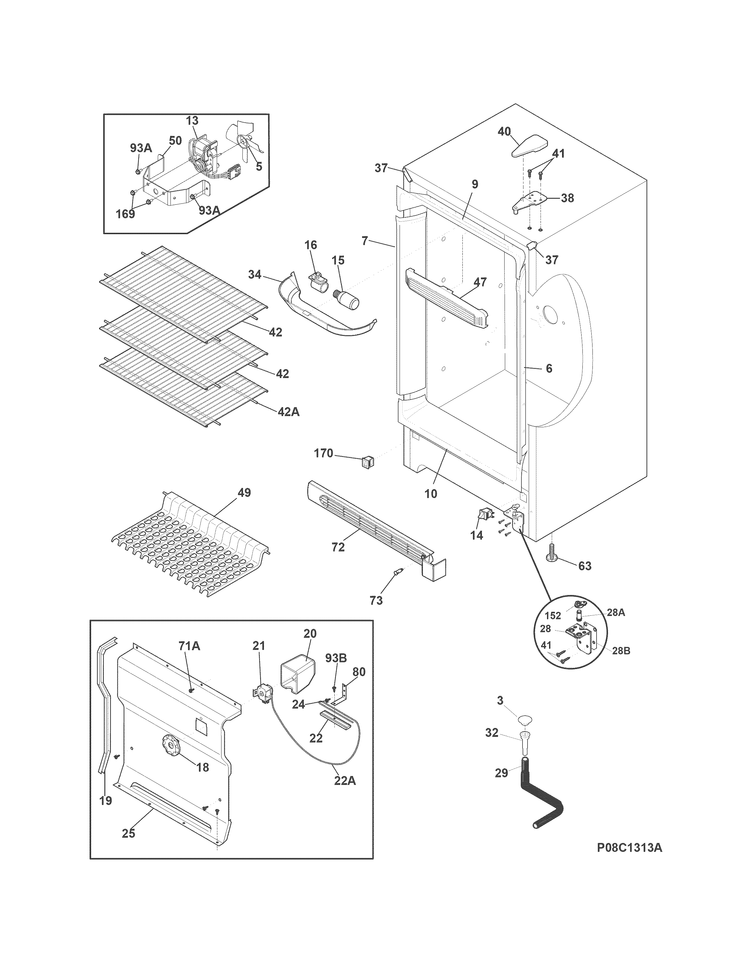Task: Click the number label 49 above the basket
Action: [x=244, y=493]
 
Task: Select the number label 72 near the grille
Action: [x=338, y=547]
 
